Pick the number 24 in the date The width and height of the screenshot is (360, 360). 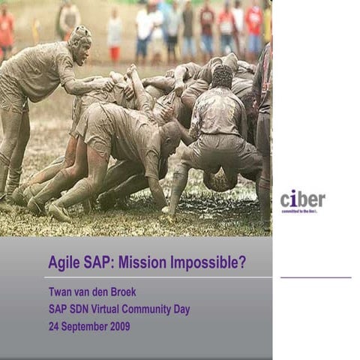pos(54,326)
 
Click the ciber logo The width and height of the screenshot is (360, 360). pos(302,199)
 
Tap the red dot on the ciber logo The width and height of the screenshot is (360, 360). pos(293,191)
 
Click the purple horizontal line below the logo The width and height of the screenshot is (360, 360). pos(315,277)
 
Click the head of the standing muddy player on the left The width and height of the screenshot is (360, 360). pos(79,43)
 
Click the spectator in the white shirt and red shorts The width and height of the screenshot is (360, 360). pos(115,37)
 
